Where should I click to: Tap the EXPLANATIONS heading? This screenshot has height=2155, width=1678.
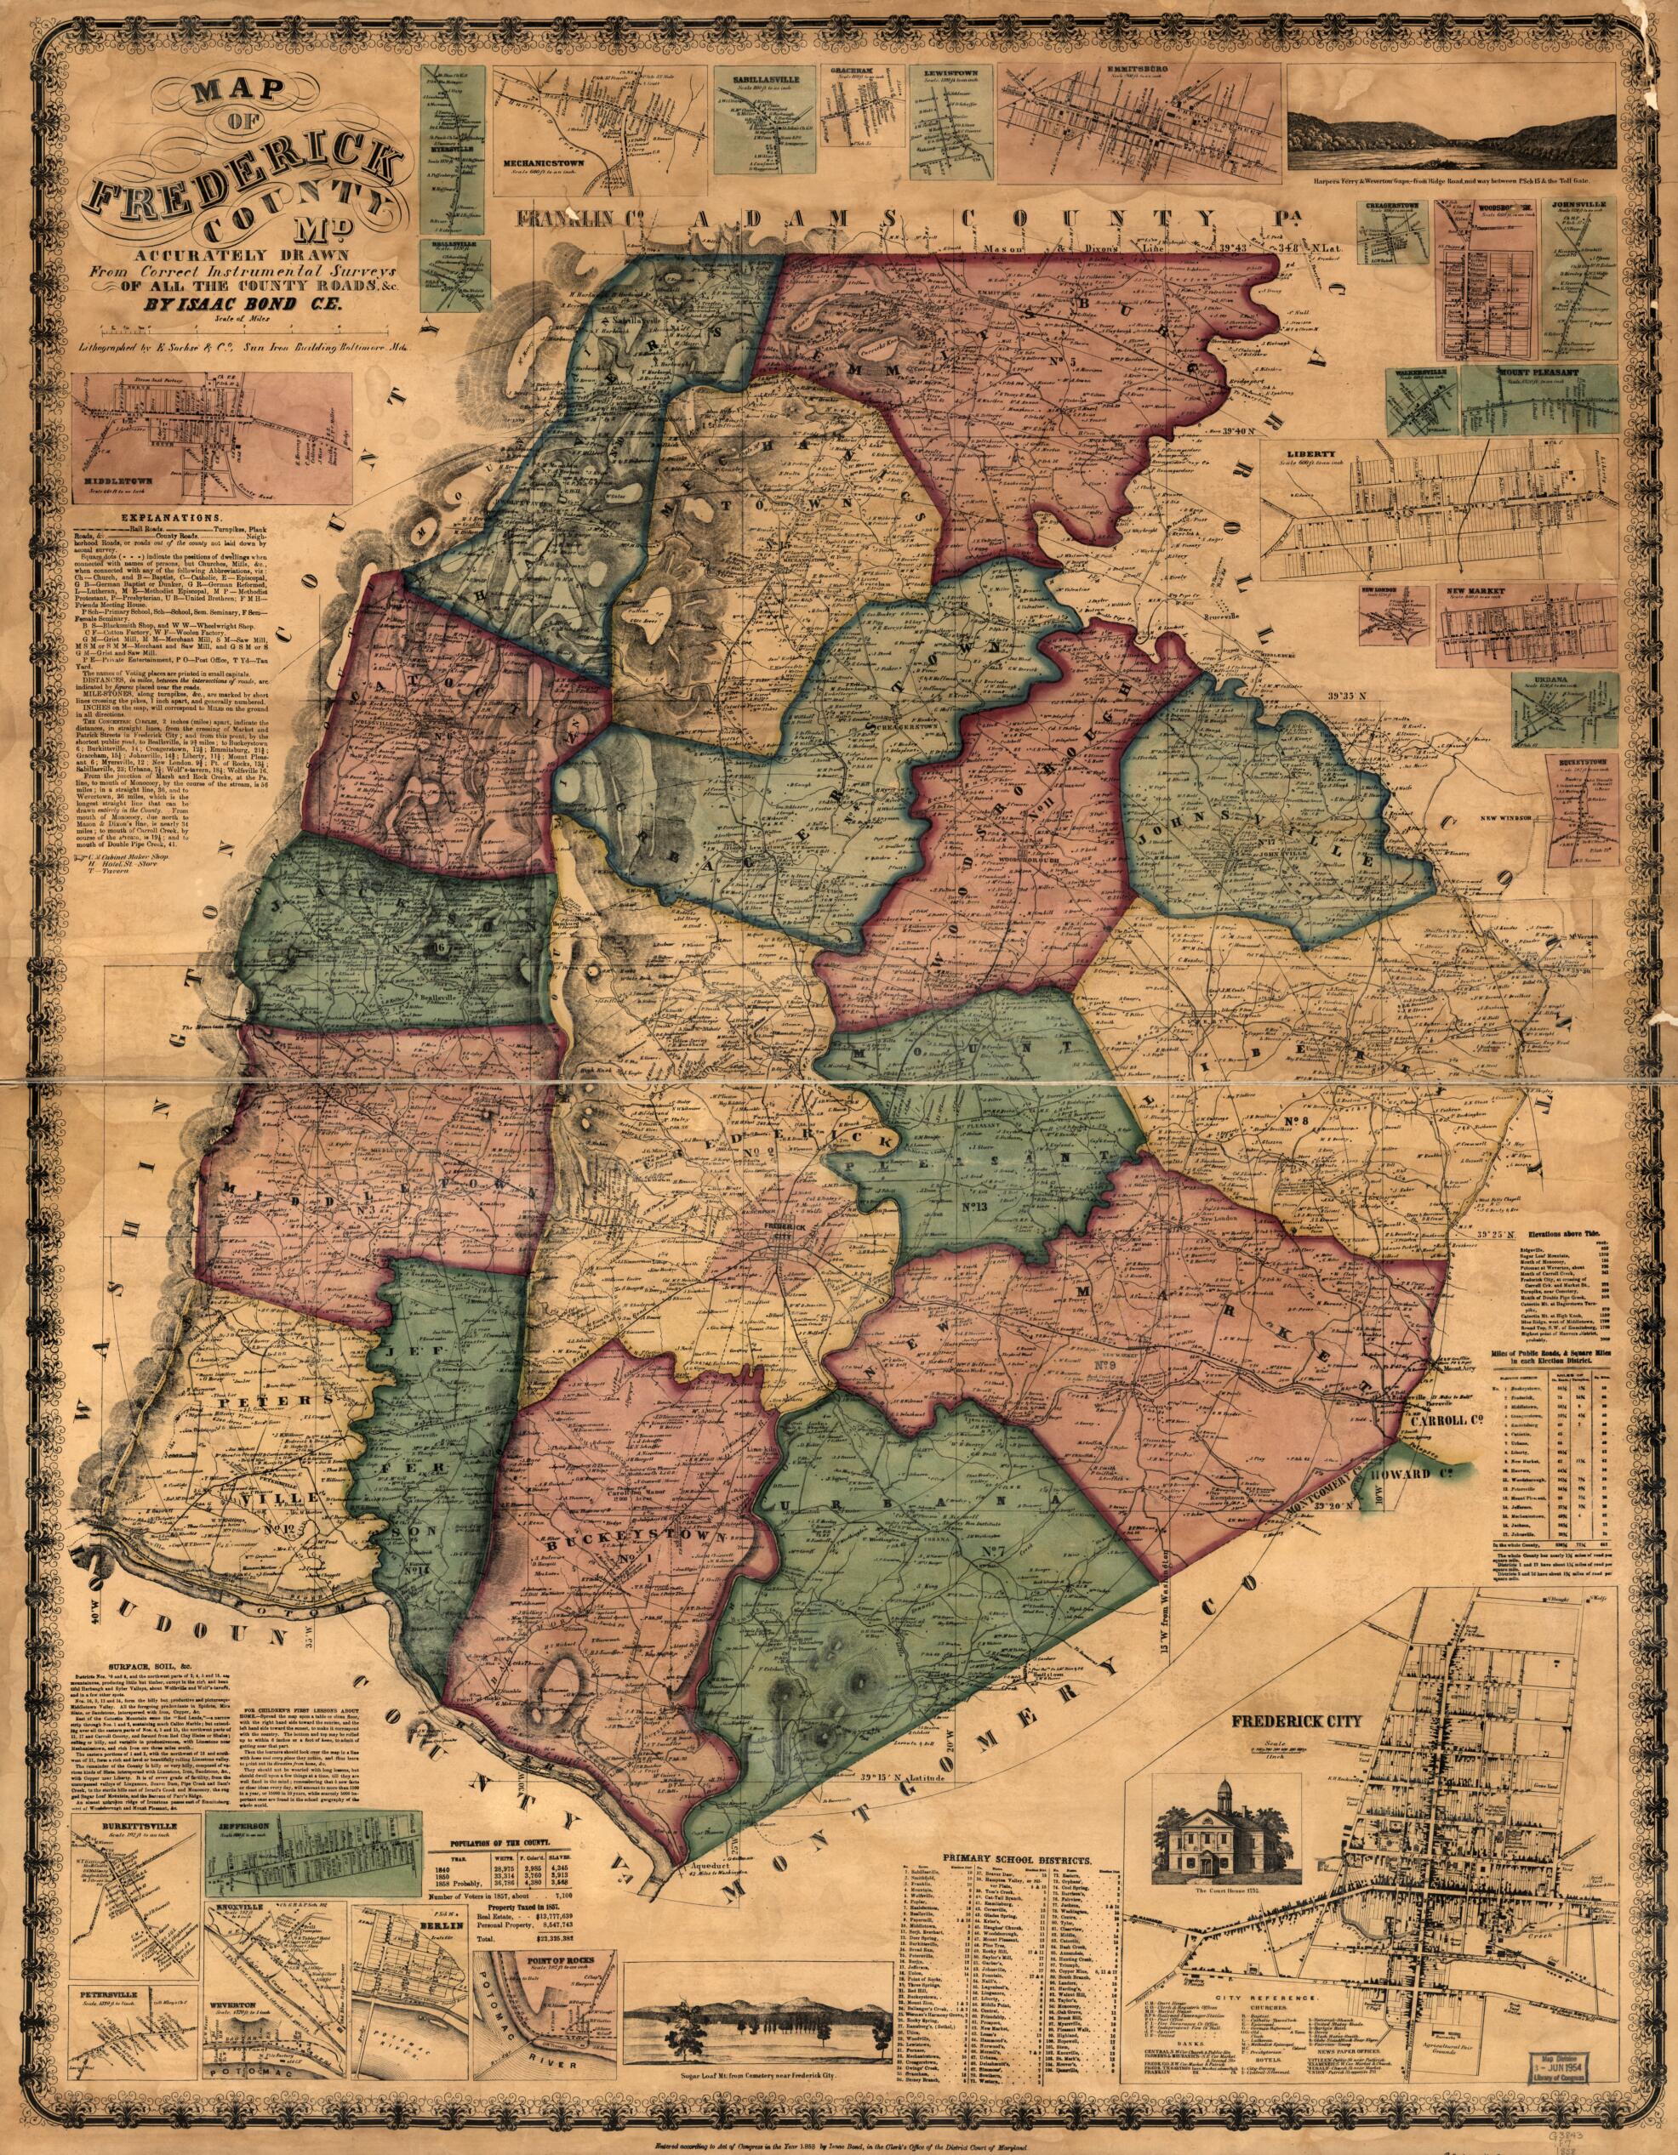pyautogui.click(x=170, y=516)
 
